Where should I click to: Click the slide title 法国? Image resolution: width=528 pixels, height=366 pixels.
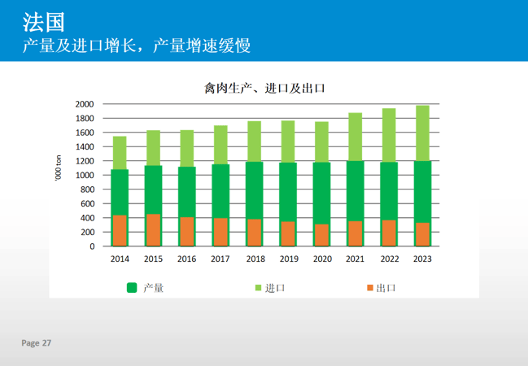[43, 20]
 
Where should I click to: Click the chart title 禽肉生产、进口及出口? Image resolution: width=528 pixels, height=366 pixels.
[264, 88]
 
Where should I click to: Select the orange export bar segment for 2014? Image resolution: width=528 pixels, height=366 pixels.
[120, 230]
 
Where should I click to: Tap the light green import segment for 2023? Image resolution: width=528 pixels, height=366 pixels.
[422, 133]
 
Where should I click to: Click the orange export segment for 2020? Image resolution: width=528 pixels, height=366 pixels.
[321, 235]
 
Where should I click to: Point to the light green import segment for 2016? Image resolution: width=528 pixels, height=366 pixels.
[186, 148]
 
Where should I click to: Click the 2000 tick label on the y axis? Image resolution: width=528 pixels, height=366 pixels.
[85, 104]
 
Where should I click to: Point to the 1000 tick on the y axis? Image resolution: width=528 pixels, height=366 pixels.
[85, 175]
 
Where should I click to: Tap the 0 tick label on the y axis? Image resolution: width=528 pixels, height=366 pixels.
[91, 246]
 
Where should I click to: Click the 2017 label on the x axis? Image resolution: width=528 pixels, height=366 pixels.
[220, 259]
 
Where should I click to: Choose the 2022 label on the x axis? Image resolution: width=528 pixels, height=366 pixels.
[389, 259]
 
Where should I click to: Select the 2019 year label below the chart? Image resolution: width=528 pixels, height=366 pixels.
[288, 259]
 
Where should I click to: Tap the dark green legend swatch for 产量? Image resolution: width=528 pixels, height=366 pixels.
[131, 287]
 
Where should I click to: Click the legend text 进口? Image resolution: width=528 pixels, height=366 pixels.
[275, 288]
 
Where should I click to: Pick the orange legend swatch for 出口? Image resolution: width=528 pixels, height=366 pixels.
[369, 287]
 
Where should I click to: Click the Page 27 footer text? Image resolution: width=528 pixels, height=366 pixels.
[37, 343]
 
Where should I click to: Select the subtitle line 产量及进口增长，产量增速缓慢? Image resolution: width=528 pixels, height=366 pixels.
[136, 46]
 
